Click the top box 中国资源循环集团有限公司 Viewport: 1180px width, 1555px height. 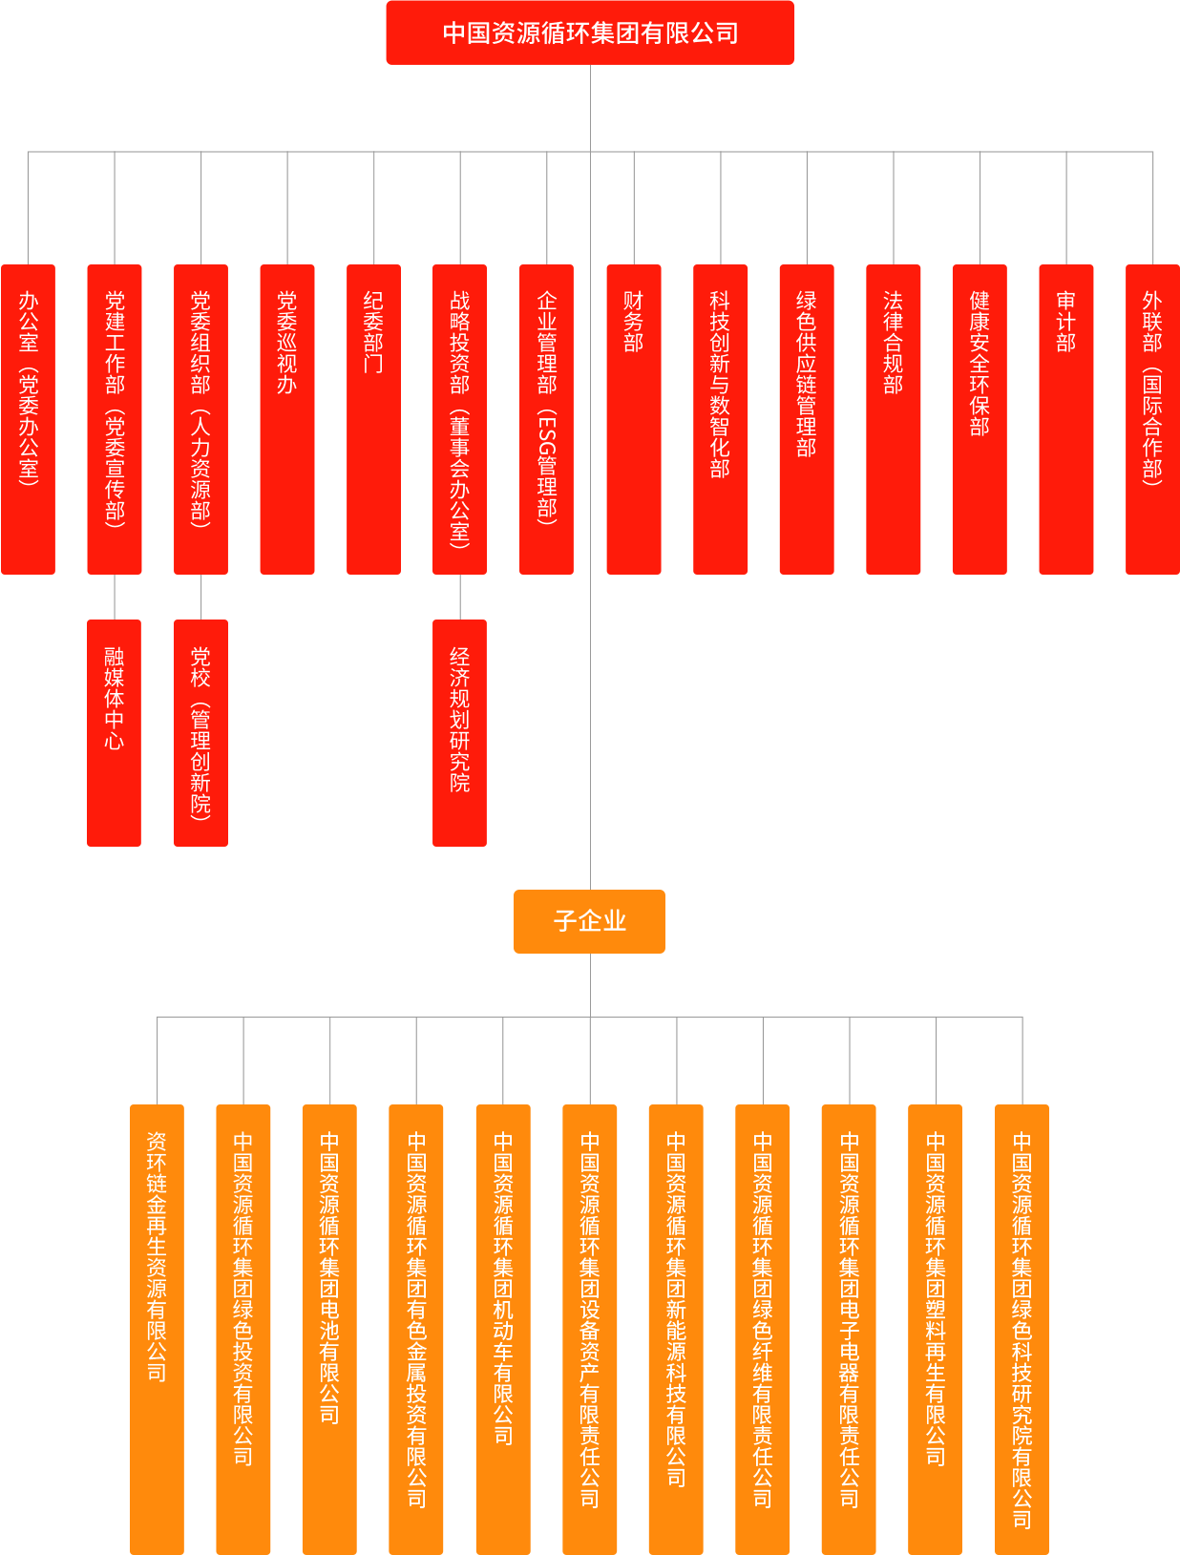pos(590,33)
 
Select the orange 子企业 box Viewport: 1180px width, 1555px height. pos(589,921)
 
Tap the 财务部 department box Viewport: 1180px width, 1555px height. pos(634,419)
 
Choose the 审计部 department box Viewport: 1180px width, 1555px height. pos(1066,419)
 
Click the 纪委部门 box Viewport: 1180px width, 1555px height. pos(373,419)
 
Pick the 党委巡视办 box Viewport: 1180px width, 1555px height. pos(287,419)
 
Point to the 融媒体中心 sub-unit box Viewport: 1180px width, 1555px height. pos(115,732)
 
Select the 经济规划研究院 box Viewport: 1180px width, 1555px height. pos(459,732)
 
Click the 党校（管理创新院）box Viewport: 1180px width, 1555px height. pos(200,732)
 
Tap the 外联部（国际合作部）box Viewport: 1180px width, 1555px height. pos(1152,419)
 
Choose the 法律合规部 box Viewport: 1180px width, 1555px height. pos(894,419)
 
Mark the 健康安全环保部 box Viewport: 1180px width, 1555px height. pos(980,419)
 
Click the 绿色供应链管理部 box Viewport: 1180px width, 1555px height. pos(807,419)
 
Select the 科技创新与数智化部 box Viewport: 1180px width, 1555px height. pos(721,419)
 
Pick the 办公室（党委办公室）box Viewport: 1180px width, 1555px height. pos(29,419)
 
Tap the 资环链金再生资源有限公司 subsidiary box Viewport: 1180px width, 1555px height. pos(158,1327)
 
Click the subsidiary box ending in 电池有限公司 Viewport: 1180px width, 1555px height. pos(329,1327)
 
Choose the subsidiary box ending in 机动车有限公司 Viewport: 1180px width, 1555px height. pos(503,1327)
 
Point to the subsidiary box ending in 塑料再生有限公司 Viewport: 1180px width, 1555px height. pos(936,1327)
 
